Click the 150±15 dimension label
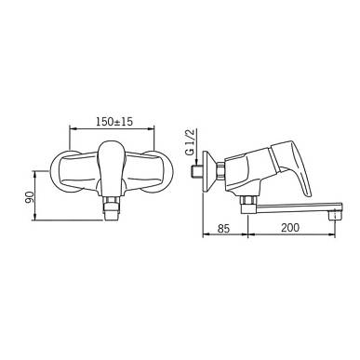(x=114, y=122)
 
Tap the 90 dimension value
(x=29, y=197)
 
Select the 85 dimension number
(x=223, y=228)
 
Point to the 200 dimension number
(x=290, y=228)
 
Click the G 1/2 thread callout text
(x=191, y=141)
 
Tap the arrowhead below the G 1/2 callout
(x=196, y=162)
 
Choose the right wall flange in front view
(x=155, y=171)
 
